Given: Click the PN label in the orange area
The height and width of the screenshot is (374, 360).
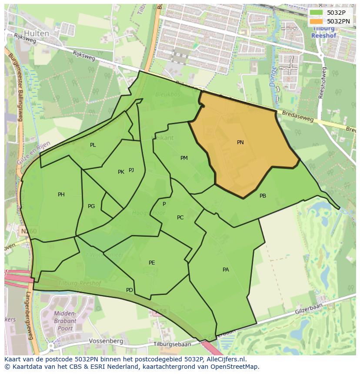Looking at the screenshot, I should [x=240, y=142].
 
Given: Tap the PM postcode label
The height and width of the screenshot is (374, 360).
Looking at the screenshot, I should [x=184, y=158].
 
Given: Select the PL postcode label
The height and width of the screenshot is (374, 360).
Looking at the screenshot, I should [x=93, y=145].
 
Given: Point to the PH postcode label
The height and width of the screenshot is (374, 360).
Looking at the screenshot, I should [x=61, y=195].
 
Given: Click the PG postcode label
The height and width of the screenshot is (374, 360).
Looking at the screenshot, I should [x=91, y=206].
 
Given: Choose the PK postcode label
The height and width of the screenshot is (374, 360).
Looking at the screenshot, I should [x=121, y=172].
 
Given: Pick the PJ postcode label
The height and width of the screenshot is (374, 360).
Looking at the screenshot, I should [x=131, y=170].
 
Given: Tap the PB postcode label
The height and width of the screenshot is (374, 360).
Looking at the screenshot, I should [x=263, y=196].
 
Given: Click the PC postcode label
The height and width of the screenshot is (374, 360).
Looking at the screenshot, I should [x=180, y=218].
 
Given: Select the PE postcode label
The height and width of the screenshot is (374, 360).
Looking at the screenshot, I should [x=152, y=263].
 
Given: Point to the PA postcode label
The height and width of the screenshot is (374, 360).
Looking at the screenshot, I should [x=226, y=270].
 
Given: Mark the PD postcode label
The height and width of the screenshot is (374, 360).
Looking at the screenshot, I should [x=130, y=290].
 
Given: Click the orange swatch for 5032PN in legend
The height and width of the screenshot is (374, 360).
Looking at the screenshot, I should [x=317, y=21].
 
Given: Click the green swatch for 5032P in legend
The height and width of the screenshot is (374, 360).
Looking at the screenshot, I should [x=317, y=13].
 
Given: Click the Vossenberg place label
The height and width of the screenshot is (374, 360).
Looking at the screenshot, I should [x=106, y=341].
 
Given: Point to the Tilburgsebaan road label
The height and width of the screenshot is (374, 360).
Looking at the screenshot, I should [x=172, y=344].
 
